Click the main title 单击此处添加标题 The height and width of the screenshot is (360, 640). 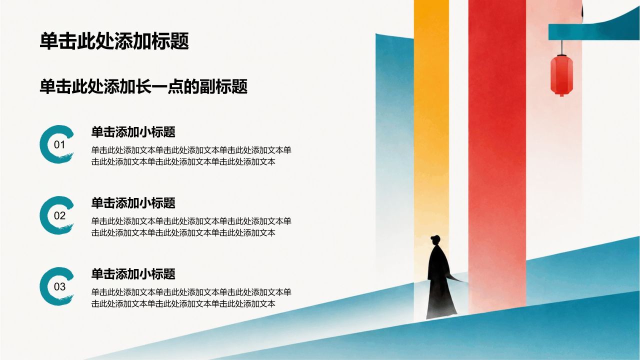(x=114, y=41)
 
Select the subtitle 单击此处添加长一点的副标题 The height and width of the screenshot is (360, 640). (x=143, y=86)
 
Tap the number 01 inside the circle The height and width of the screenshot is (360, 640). (x=59, y=145)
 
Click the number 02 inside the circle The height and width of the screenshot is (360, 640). (x=59, y=215)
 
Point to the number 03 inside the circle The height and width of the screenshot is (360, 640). (x=59, y=286)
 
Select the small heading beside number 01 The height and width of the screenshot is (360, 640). (x=133, y=132)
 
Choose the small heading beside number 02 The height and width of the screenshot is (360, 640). (x=133, y=203)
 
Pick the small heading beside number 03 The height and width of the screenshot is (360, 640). (x=133, y=273)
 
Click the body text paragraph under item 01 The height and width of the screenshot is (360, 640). (x=191, y=156)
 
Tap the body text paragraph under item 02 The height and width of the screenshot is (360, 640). (x=191, y=227)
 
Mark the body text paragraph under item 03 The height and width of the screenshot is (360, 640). (x=191, y=297)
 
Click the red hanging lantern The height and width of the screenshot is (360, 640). (x=561, y=75)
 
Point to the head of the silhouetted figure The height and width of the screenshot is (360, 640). (x=435, y=240)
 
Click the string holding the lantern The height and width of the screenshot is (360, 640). (x=562, y=47)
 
